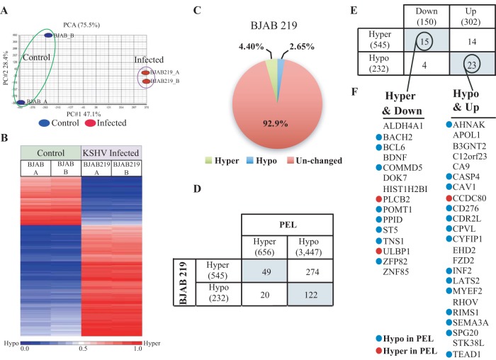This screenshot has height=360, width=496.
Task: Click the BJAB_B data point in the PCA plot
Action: pos(48,35)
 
